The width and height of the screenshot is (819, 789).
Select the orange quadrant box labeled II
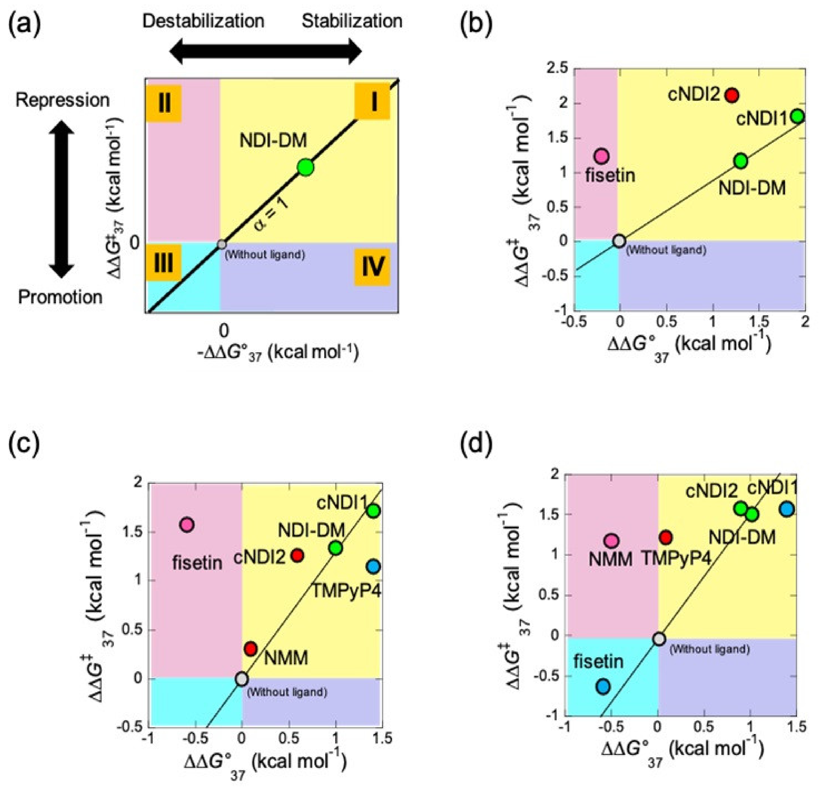pos(164,103)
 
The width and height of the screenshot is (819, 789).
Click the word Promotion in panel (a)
pos(60,297)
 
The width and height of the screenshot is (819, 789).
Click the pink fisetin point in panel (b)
pos(602,156)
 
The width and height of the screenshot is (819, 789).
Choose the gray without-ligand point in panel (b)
pos(619,241)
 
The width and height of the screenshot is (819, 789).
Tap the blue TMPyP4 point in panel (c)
pos(373,567)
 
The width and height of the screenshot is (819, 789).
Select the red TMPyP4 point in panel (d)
pos(666,537)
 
